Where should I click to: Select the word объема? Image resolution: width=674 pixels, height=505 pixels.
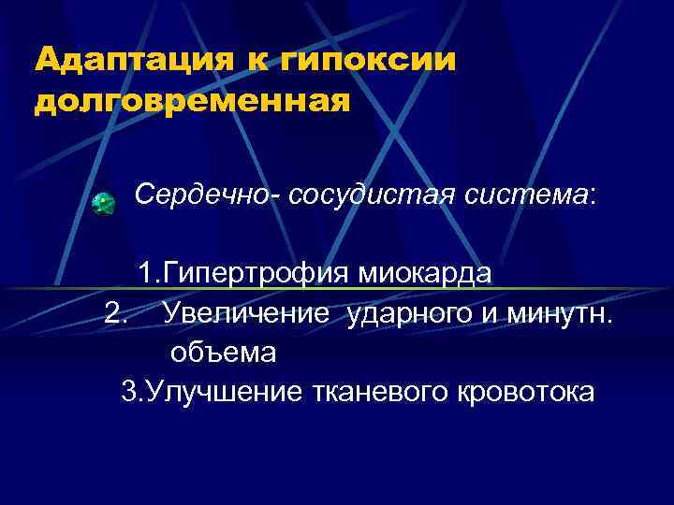223,353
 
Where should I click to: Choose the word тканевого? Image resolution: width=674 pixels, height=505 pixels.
380,392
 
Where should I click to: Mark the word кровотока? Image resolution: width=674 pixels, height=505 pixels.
524,392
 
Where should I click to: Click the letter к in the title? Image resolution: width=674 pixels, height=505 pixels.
257,59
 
